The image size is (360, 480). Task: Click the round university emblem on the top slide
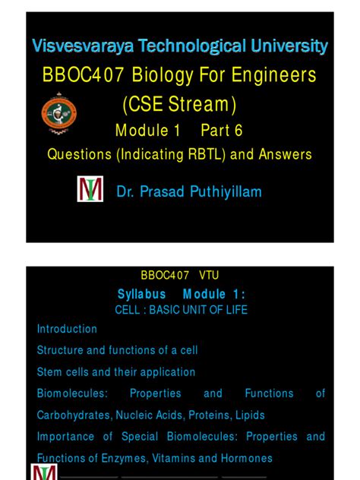point(59,115)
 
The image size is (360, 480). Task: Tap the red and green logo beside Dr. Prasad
point(90,190)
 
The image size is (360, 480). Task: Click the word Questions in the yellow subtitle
point(78,154)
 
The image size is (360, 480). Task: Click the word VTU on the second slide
point(209,275)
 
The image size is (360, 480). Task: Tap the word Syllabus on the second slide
point(142,294)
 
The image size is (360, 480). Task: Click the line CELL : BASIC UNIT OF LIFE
point(181,310)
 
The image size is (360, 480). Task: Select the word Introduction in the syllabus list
point(67,329)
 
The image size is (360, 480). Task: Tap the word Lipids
point(255,415)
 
